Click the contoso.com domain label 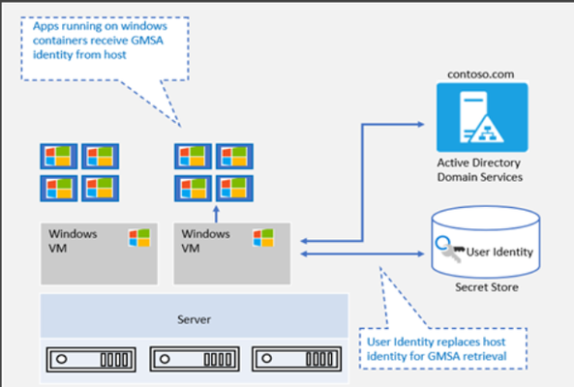481,74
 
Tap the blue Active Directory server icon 482,117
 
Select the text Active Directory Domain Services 479,169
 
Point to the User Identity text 499,252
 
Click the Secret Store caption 487,287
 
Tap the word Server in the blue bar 194,319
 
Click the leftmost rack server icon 91,359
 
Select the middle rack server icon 195,359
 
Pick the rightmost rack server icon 297,359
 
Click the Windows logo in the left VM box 139,238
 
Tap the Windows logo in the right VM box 263,238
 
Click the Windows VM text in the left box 73,241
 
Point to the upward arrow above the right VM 217,215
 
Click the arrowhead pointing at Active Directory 420,125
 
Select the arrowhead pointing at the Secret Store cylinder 420,253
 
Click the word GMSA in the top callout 147,41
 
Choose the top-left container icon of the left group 59,156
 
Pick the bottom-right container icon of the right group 234,189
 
